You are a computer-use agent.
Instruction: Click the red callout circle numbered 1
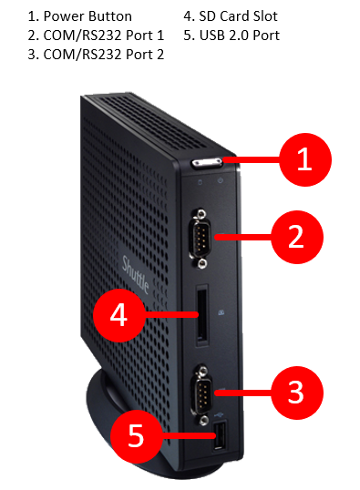pos(305,159)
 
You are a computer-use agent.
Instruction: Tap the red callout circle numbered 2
pos(297,237)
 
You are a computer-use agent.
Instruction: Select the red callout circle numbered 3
pos(297,393)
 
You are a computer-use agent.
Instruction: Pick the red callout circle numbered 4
pos(119,315)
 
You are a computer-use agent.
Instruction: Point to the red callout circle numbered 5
pos(137,436)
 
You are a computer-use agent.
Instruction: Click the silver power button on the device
pos(207,163)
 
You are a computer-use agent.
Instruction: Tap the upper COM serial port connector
pos(201,239)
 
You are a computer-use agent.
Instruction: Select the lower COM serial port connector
pos(202,393)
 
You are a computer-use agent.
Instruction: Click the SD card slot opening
pos(202,315)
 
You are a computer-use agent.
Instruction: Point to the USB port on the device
pos(220,435)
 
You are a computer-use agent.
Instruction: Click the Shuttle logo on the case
pos(135,274)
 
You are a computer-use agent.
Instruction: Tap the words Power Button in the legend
pos(87,16)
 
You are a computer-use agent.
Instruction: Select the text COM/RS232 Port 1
pos(104,36)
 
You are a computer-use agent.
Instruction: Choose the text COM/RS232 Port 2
pos(104,55)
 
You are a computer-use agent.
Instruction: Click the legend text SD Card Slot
pos(238,16)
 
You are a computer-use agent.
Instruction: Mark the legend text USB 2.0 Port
pos(240,36)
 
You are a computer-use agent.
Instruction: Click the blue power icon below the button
pos(221,180)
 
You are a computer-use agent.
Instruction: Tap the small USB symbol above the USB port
pos(219,414)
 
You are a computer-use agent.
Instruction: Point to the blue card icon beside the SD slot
pos(221,311)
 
